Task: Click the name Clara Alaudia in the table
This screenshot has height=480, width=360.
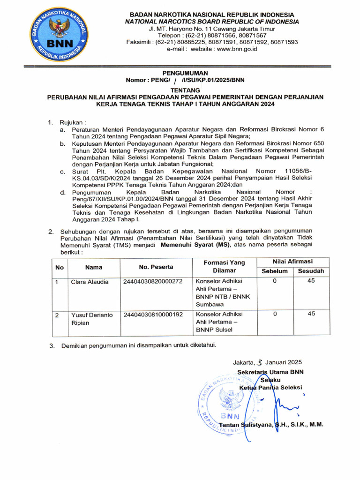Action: click(x=90, y=282)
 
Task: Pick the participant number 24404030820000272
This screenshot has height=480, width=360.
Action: click(x=152, y=282)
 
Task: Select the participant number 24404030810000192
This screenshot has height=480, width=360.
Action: click(x=152, y=315)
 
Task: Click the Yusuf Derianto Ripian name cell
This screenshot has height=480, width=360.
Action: click(x=92, y=319)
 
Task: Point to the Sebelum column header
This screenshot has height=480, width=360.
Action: click(x=275, y=271)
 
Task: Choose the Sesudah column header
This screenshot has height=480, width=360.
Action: click(x=311, y=271)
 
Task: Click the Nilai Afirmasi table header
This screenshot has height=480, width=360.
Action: click(x=293, y=262)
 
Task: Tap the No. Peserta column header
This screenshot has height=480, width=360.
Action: click(x=156, y=267)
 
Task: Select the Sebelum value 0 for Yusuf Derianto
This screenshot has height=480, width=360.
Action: click(x=275, y=314)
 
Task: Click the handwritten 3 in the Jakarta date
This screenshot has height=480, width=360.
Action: click(x=259, y=362)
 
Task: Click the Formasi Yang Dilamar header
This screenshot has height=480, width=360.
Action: click(x=224, y=267)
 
